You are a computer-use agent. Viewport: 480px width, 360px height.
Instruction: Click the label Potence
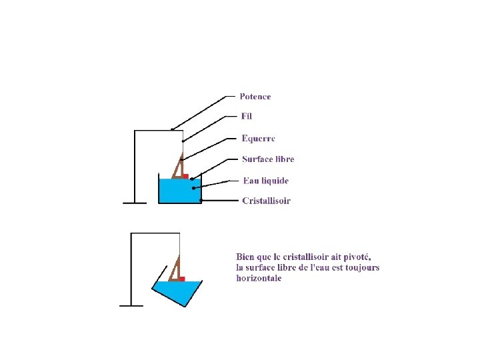coord(255,97)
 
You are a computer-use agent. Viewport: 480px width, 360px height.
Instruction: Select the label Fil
coord(247,117)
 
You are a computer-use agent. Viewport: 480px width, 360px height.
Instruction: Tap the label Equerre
coord(258,139)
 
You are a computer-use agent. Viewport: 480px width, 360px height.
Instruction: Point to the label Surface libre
coord(267,159)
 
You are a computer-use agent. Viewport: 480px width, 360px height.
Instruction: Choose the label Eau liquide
coord(265,181)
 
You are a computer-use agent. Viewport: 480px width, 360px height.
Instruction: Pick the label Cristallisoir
coord(266,201)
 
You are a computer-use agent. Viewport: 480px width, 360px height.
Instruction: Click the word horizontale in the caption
coord(259,278)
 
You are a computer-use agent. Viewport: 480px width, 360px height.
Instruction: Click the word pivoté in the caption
coord(352,257)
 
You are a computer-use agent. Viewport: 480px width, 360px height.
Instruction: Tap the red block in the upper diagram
coord(185,176)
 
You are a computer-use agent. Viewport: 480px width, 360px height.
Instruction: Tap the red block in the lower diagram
coord(181,279)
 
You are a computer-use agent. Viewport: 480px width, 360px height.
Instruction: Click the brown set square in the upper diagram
coord(178,167)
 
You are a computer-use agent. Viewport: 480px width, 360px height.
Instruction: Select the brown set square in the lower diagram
coord(175,270)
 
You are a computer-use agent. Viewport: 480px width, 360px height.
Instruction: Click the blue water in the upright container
coord(179,191)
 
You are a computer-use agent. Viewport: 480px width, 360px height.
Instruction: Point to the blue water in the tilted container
coord(179,291)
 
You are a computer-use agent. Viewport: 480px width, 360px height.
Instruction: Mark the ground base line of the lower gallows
coord(131,305)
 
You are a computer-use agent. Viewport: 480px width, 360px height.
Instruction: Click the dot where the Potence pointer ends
coord(172,129)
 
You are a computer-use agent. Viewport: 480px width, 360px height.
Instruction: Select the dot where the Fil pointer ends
coord(183,141)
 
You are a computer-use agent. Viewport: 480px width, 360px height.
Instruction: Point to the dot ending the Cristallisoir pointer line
coord(201,200)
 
